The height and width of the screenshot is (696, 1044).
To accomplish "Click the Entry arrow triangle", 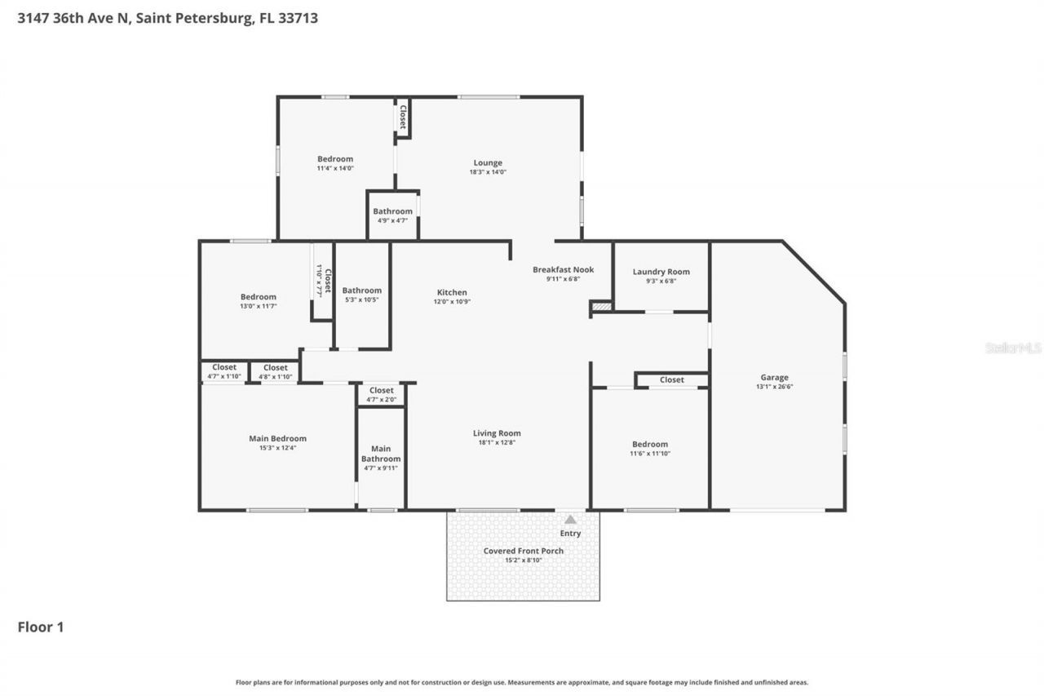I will [x=570, y=519].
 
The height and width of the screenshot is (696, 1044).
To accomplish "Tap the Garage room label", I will [x=774, y=377].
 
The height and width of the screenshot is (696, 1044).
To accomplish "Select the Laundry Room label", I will [x=661, y=272].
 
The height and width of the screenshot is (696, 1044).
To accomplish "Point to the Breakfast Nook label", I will [x=563, y=269].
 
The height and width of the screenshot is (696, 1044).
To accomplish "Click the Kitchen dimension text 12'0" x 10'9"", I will [x=452, y=302].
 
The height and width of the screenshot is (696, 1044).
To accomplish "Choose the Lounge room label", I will [x=488, y=162].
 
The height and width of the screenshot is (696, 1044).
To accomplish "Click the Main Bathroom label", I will [x=381, y=454].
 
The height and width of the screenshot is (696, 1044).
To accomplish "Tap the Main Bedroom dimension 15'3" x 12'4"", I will [x=277, y=448].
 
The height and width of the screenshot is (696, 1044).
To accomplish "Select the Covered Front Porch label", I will [x=523, y=551].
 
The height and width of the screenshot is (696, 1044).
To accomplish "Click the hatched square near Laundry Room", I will [x=601, y=306].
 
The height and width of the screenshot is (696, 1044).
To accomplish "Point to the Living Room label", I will [x=497, y=433].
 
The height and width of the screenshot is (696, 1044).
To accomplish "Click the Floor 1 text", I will [x=41, y=627].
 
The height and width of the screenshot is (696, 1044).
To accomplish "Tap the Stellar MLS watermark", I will [x=1013, y=348].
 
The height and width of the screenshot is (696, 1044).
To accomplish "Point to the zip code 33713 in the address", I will [x=299, y=17].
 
